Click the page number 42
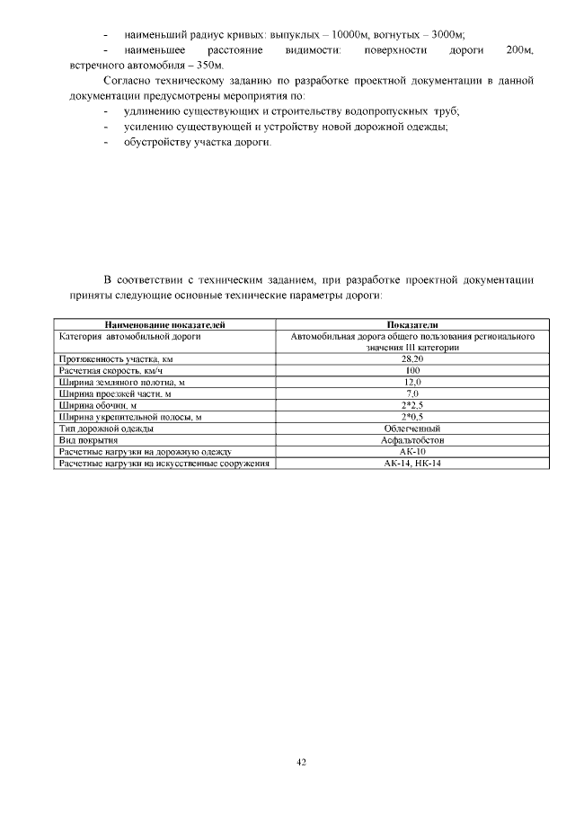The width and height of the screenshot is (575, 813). [302, 763]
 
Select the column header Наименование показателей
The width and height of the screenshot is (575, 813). [164, 324]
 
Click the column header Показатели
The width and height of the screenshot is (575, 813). [412, 324]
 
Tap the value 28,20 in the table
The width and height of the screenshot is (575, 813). [412, 358]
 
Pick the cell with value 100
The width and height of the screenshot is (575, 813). [412, 370]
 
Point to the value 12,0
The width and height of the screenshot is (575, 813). [412, 382]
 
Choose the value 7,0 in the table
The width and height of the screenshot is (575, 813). [412, 393]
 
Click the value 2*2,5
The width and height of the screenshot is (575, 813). [412, 405]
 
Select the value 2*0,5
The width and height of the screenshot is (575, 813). [412, 417]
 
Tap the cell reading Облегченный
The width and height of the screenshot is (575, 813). [412, 429]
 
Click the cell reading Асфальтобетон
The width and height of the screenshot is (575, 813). [412, 440]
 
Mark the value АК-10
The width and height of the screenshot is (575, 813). [412, 452]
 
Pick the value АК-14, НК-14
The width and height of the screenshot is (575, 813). [412, 464]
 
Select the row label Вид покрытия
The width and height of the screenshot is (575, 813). [89, 440]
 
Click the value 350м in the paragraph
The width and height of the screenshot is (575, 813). [206, 66]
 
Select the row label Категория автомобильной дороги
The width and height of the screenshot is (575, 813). [129, 336]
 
